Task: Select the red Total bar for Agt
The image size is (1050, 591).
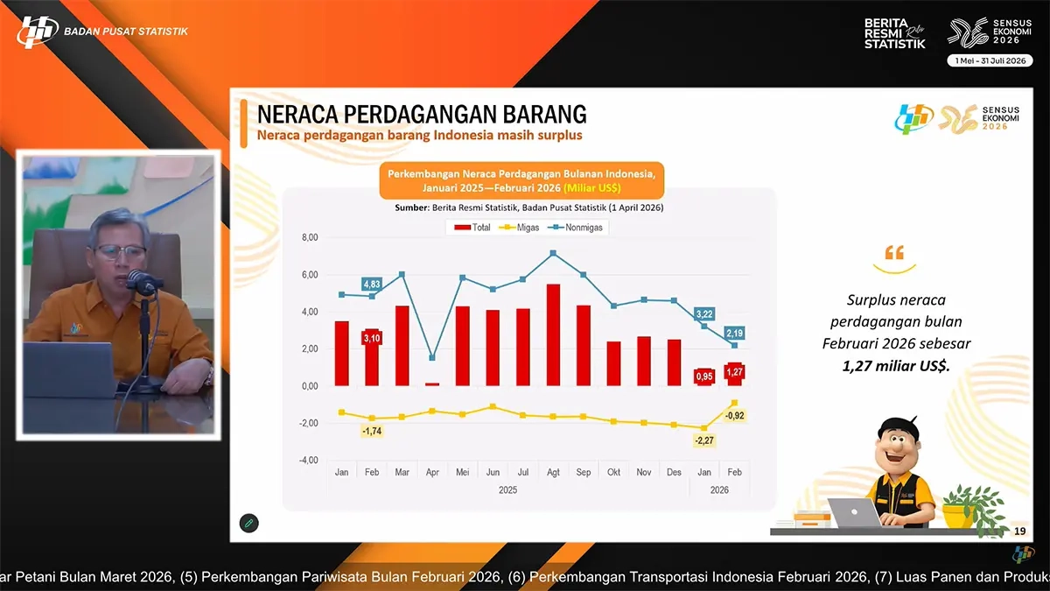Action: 553,335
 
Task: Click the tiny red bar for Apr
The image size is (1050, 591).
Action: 432,383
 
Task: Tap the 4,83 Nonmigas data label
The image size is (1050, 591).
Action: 371,284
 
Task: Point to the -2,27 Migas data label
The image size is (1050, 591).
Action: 703,441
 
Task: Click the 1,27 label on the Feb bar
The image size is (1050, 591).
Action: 734,373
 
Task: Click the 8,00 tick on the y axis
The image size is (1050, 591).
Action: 310,237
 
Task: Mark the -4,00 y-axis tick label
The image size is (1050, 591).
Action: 309,461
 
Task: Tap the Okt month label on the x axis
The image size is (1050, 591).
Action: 613,472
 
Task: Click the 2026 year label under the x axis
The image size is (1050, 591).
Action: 718,490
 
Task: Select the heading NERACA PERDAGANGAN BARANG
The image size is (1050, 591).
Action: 421,115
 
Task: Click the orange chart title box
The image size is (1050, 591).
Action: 522,181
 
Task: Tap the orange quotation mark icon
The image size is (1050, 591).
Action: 894,255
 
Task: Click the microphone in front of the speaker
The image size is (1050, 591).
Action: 140,282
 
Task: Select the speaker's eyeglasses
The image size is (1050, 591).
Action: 120,252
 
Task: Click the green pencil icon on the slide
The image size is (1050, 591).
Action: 248,523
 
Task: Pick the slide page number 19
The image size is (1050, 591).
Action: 1019,531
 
